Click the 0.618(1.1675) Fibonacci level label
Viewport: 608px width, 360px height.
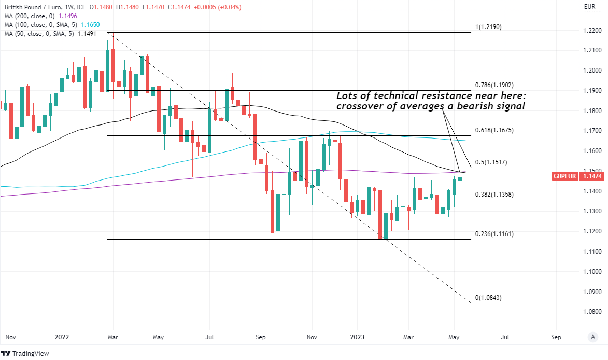494,130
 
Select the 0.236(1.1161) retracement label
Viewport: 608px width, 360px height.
494,234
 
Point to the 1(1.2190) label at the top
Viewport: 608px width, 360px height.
489,27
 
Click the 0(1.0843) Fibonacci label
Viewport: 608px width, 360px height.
489,298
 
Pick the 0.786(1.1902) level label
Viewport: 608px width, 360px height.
494,85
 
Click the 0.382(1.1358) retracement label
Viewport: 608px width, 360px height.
494,194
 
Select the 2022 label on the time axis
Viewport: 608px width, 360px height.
62,337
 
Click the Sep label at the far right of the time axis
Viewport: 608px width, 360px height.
556,337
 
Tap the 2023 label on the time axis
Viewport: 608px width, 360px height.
363,337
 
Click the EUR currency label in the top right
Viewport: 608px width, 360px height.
589,7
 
